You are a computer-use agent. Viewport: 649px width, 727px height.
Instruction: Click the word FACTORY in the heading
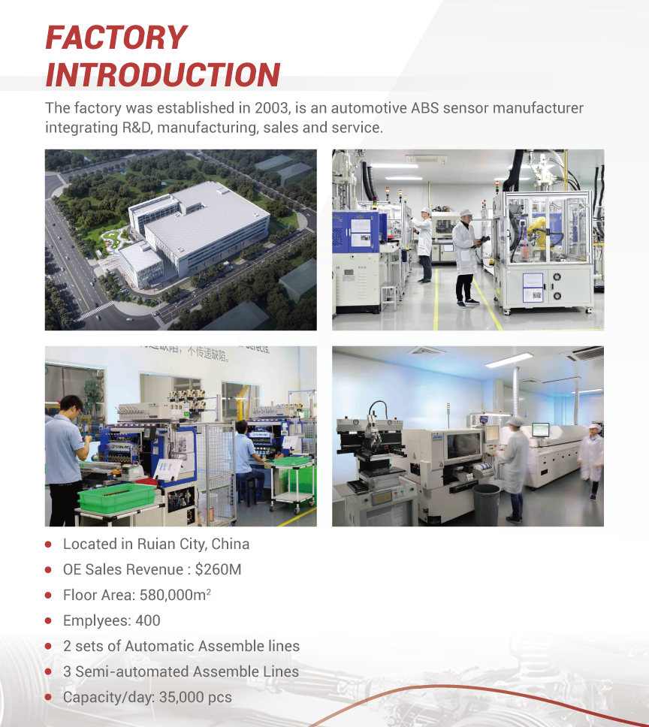point(116,38)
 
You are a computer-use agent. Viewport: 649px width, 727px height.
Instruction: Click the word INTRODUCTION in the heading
point(163,74)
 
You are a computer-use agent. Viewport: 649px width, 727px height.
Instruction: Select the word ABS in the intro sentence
point(424,108)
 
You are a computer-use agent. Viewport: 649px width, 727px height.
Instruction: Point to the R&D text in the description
point(137,128)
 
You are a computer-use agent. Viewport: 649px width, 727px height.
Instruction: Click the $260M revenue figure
point(218,569)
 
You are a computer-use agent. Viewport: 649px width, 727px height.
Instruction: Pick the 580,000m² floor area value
point(175,595)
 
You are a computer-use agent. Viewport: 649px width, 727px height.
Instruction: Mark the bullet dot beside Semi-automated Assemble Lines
point(48,672)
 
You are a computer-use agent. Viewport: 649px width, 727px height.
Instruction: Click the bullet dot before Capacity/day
point(48,697)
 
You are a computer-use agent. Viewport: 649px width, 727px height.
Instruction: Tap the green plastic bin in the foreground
point(117,498)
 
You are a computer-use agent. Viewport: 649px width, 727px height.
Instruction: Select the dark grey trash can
point(486,505)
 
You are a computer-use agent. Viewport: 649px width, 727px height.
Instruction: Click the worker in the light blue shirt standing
point(66,459)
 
